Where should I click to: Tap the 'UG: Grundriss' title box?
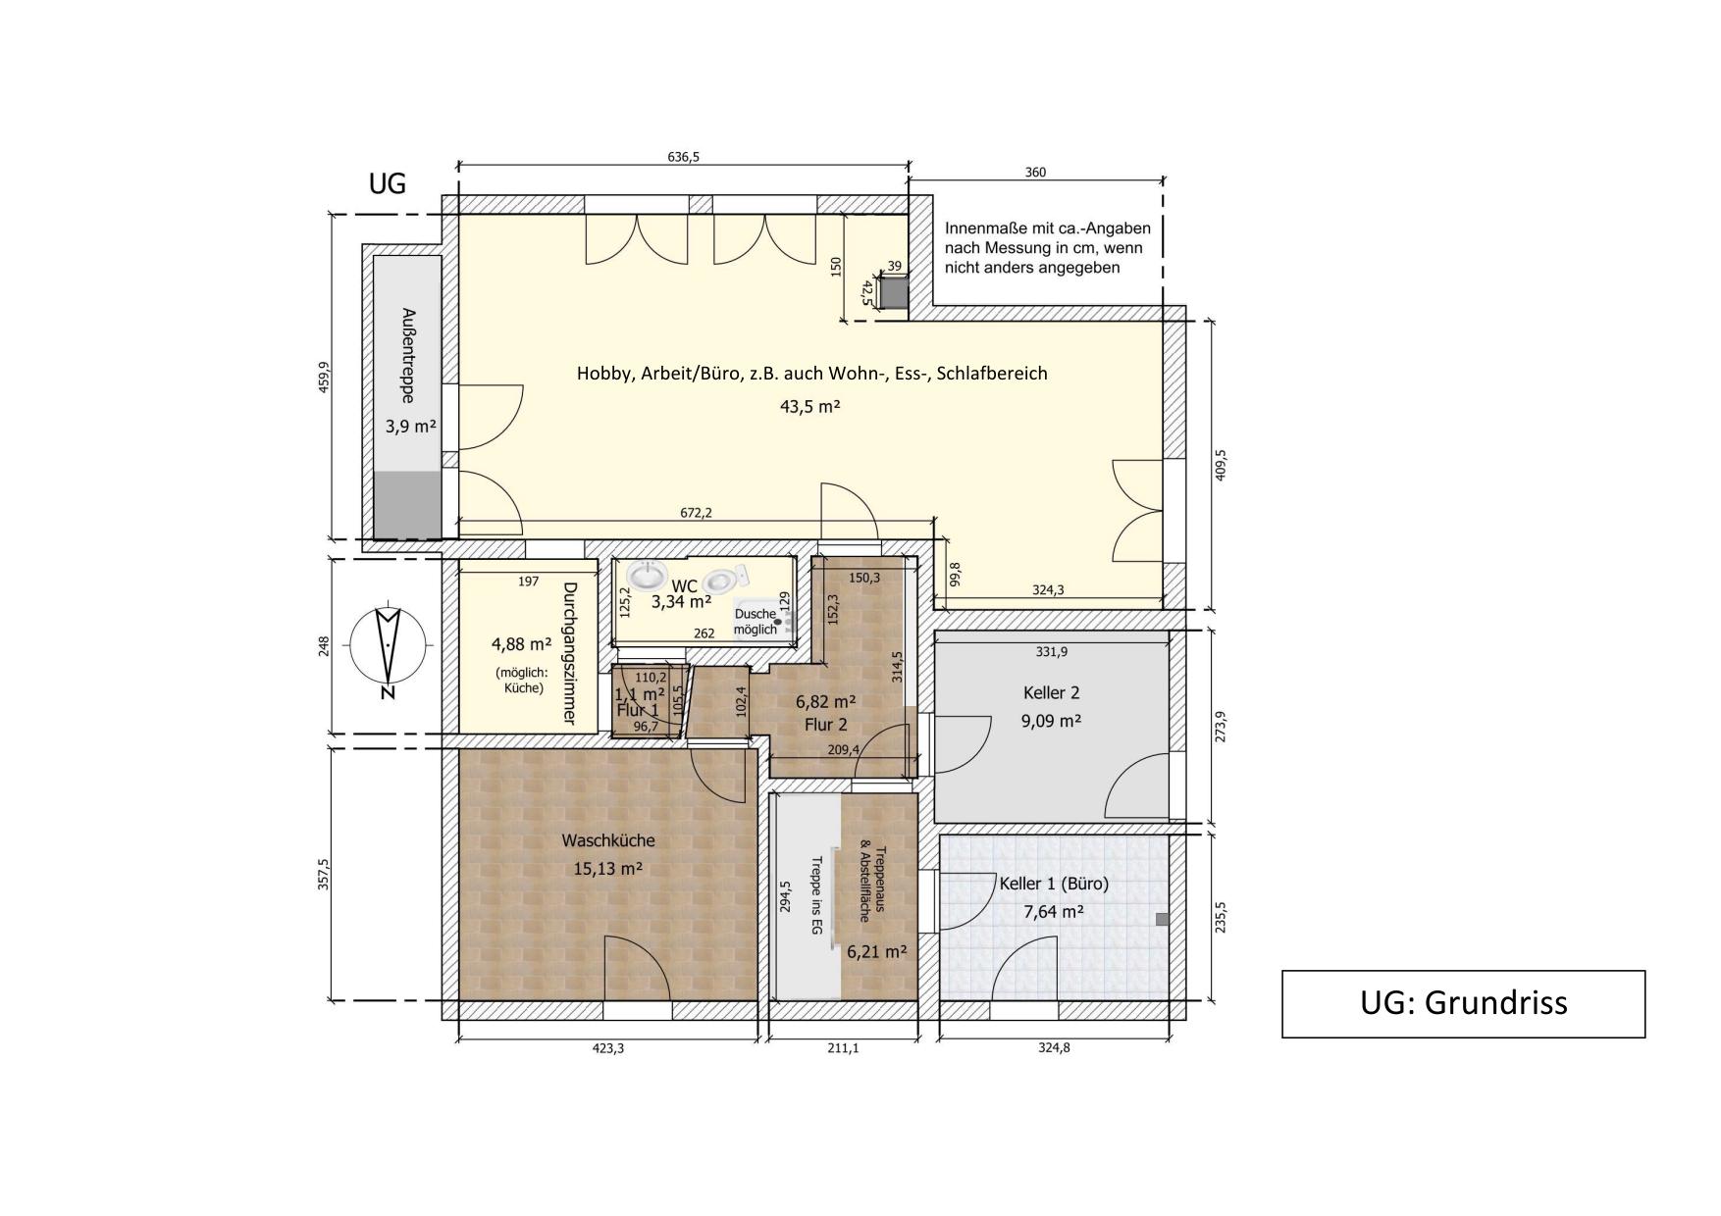[x=1463, y=1003]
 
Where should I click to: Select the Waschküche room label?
[x=608, y=840]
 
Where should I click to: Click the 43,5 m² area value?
[x=809, y=406]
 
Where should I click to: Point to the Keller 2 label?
[x=1052, y=693]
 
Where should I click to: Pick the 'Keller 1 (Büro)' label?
[x=1054, y=884]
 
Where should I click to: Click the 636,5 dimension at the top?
[x=683, y=157]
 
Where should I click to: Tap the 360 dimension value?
[x=1035, y=173]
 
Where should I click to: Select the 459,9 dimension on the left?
[x=323, y=377]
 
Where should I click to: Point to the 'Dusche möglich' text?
[x=756, y=622]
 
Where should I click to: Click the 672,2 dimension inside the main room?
[x=696, y=513]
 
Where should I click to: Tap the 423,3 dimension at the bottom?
[x=607, y=1048]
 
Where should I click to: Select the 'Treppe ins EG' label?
[x=815, y=895]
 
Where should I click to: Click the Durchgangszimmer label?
[x=568, y=653]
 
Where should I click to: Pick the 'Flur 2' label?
[x=825, y=725]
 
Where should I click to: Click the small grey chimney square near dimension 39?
[x=893, y=292]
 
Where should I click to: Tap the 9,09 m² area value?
[x=1051, y=721]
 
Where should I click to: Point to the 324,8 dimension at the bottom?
[x=1054, y=1048]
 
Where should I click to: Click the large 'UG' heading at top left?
[x=387, y=183]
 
